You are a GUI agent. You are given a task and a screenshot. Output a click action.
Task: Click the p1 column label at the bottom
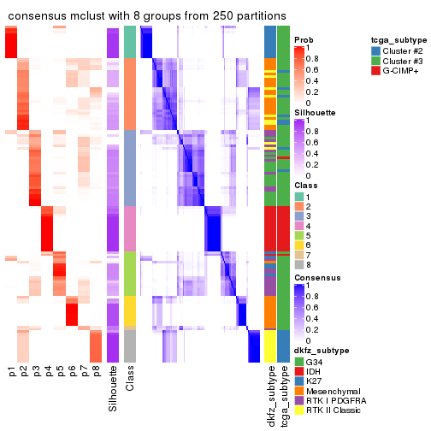point(12,372)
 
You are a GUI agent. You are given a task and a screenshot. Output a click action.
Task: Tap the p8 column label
point(96,372)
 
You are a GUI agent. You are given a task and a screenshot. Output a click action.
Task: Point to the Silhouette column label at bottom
point(113,389)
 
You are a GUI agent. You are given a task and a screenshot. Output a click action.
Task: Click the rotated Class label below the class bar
point(130,381)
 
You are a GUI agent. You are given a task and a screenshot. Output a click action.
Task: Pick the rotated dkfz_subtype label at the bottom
point(270,396)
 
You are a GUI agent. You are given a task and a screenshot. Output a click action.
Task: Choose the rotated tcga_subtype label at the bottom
point(283,396)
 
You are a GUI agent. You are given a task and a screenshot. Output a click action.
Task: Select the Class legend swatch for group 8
point(299,265)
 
